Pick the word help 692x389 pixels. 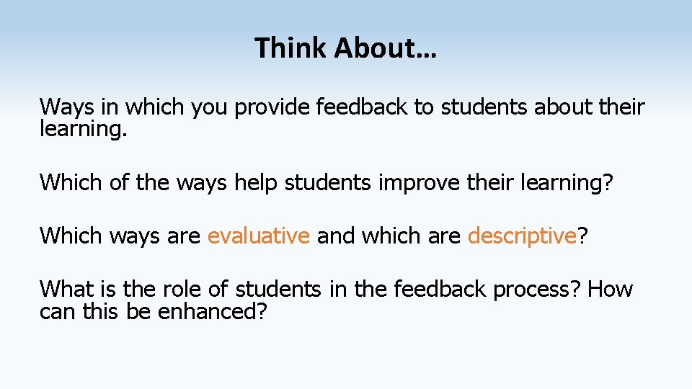click(255, 182)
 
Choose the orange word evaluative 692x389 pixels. click(259, 236)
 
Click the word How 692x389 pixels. click(611, 289)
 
